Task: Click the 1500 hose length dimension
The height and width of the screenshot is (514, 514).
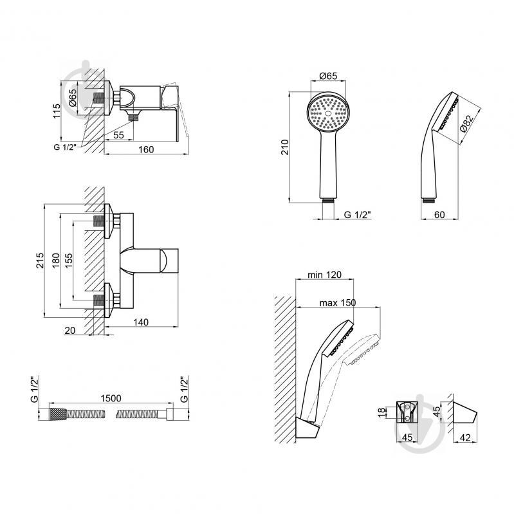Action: coord(111,398)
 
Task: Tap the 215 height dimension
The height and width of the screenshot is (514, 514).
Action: coord(40,261)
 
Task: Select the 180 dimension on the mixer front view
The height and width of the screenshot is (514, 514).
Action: coord(56,261)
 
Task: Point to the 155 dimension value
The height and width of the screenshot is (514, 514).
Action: coord(68,261)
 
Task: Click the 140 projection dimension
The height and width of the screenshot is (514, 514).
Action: coord(141,322)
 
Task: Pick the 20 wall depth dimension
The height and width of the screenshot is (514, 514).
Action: coord(70,331)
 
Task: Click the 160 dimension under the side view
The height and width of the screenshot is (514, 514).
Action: coord(146,149)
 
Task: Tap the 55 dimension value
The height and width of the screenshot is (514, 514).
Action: coord(118,135)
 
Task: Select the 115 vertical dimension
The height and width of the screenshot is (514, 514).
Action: coord(57,111)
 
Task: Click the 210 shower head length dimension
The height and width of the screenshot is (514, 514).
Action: coord(284,147)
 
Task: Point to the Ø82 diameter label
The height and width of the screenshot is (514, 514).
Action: coord(467,124)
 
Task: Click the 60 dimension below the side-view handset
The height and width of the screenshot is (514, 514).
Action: coord(439,215)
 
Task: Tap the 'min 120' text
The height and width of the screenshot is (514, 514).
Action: coord(324,275)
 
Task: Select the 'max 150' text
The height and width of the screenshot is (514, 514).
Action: coord(338,302)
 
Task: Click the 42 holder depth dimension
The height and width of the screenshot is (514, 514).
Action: coord(465,437)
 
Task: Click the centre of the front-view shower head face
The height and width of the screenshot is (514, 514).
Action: coord(328,113)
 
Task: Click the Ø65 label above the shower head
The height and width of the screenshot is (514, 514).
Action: coord(328,76)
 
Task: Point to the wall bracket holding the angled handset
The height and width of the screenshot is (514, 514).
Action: coord(307,427)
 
